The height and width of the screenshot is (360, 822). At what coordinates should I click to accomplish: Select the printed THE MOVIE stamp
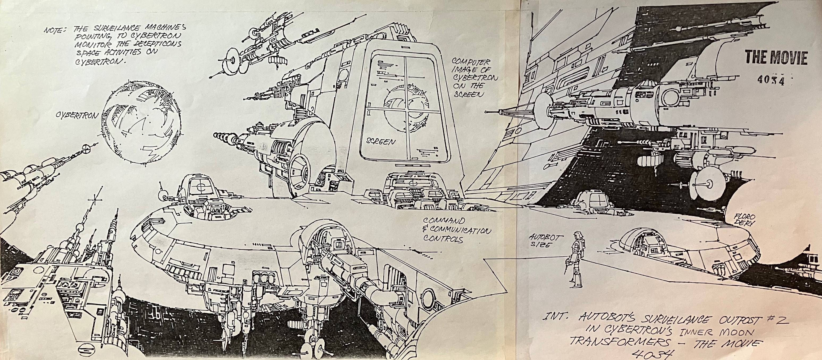click(x=776, y=58)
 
